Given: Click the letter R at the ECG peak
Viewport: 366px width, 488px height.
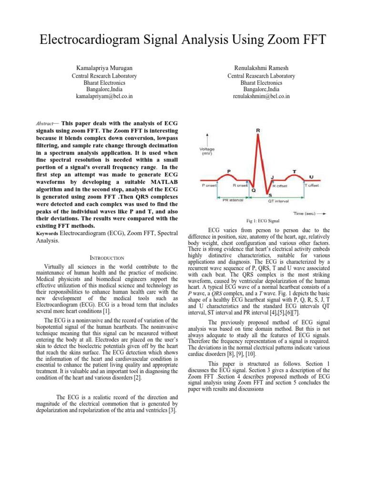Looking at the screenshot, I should tap(258, 130).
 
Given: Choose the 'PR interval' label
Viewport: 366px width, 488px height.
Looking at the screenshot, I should tap(233, 201).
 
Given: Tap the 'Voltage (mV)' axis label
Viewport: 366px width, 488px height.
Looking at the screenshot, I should tap(206, 151).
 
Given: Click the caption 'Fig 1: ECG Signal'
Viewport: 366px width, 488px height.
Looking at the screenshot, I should tap(263, 221).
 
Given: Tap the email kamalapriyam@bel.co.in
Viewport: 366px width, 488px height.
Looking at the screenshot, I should tap(104, 96).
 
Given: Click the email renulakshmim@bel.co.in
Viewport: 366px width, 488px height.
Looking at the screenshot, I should tap(261, 96).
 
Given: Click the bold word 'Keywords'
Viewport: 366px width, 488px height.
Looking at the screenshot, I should tap(47, 234).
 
